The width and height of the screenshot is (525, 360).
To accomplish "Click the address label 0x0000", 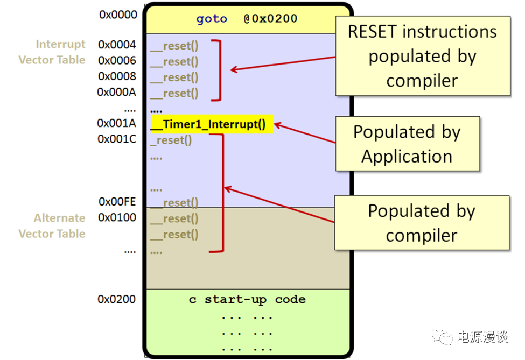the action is pyautogui.click(x=118, y=15).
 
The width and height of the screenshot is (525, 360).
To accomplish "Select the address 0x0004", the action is pyautogui.click(x=117, y=45).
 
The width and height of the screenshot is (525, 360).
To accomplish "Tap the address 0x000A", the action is pyautogui.click(x=116, y=92).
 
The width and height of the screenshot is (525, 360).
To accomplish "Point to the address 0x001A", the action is pyautogui.click(x=116, y=123).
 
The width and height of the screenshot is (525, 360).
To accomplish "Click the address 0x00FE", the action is pyautogui.click(x=117, y=202).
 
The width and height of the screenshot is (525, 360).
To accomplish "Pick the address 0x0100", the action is pyautogui.click(x=117, y=217).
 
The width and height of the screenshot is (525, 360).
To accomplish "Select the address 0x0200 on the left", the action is pyautogui.click(x=116, y=299).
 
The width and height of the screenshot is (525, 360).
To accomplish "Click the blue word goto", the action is pyautogui.click(x=212, y=19).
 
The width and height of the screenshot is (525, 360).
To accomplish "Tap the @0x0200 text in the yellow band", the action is pyautogui.click(x=270, y=18).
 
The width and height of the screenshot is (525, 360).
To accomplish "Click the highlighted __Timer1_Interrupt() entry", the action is pyautogui.click(x=212, y=124).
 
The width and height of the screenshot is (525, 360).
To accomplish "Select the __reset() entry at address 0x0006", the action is pyautogui.click(x=174, y=61).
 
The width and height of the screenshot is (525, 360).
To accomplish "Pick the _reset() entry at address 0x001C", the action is pyautogui.click(x=171, y=140).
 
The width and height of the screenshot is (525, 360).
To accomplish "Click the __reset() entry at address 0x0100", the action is pyautogui.click(x=174, y=219).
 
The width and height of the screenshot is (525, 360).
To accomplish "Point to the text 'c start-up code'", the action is pyautogui.click(x=248, y=299).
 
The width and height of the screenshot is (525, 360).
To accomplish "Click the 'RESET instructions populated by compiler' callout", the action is pyautogui.click(x=423, y=56).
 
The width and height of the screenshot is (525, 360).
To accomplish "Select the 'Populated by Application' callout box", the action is pyautogui.click(x=408, y=144).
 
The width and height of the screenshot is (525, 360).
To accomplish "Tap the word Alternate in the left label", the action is pyautogui.click(x=60, y=218).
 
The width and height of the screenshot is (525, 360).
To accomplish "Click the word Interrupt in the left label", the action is pyautogui.click(x=61, y=44).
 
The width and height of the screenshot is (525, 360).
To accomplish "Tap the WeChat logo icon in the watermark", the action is pyautogui.click(x=442, y=336).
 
